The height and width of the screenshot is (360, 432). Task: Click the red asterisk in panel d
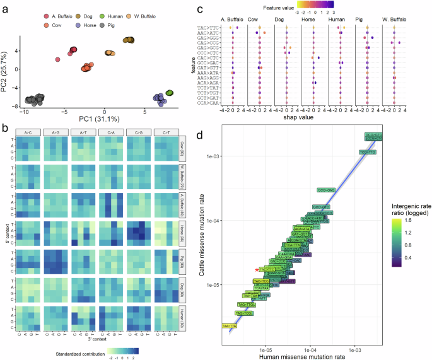point(257,269)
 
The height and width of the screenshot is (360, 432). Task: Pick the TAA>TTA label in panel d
point(230,325)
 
